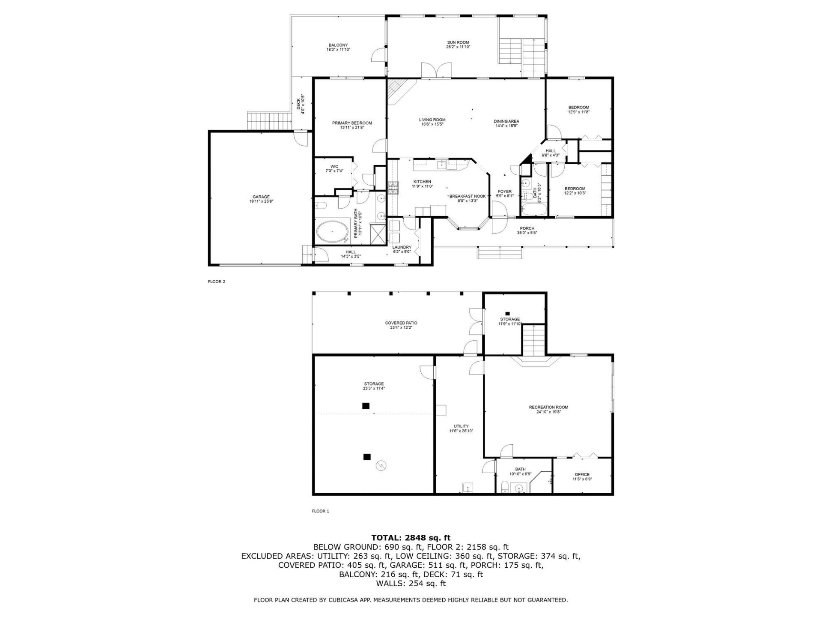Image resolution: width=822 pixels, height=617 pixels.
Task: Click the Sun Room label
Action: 458,42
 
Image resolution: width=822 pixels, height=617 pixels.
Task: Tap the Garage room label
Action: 261,197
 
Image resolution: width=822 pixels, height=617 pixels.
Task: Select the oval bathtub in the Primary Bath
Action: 332,231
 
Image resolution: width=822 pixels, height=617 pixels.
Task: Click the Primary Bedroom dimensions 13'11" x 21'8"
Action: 352,128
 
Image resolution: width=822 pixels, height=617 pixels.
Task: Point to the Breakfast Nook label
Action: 468,196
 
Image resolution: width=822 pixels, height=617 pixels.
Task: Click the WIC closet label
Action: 334,166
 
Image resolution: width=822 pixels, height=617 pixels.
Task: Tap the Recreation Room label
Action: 548,407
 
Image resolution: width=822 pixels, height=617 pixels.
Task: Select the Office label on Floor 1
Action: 582,474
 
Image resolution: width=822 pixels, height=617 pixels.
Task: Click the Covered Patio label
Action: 401,323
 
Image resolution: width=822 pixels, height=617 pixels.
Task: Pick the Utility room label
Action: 461,426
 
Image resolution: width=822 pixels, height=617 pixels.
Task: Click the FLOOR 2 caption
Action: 216,282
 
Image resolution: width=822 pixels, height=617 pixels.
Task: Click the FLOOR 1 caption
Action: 320,511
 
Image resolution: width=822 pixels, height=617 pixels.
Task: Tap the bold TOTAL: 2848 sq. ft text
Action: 411,538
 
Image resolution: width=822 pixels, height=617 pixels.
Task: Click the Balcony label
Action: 338,45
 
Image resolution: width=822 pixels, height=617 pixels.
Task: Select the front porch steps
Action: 500,253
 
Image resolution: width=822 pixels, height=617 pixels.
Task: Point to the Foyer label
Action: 504,192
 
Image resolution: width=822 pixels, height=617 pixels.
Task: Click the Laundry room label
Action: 402,247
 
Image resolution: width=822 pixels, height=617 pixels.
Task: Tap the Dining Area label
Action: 506,121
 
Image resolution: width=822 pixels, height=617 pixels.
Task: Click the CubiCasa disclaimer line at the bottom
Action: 411,600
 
